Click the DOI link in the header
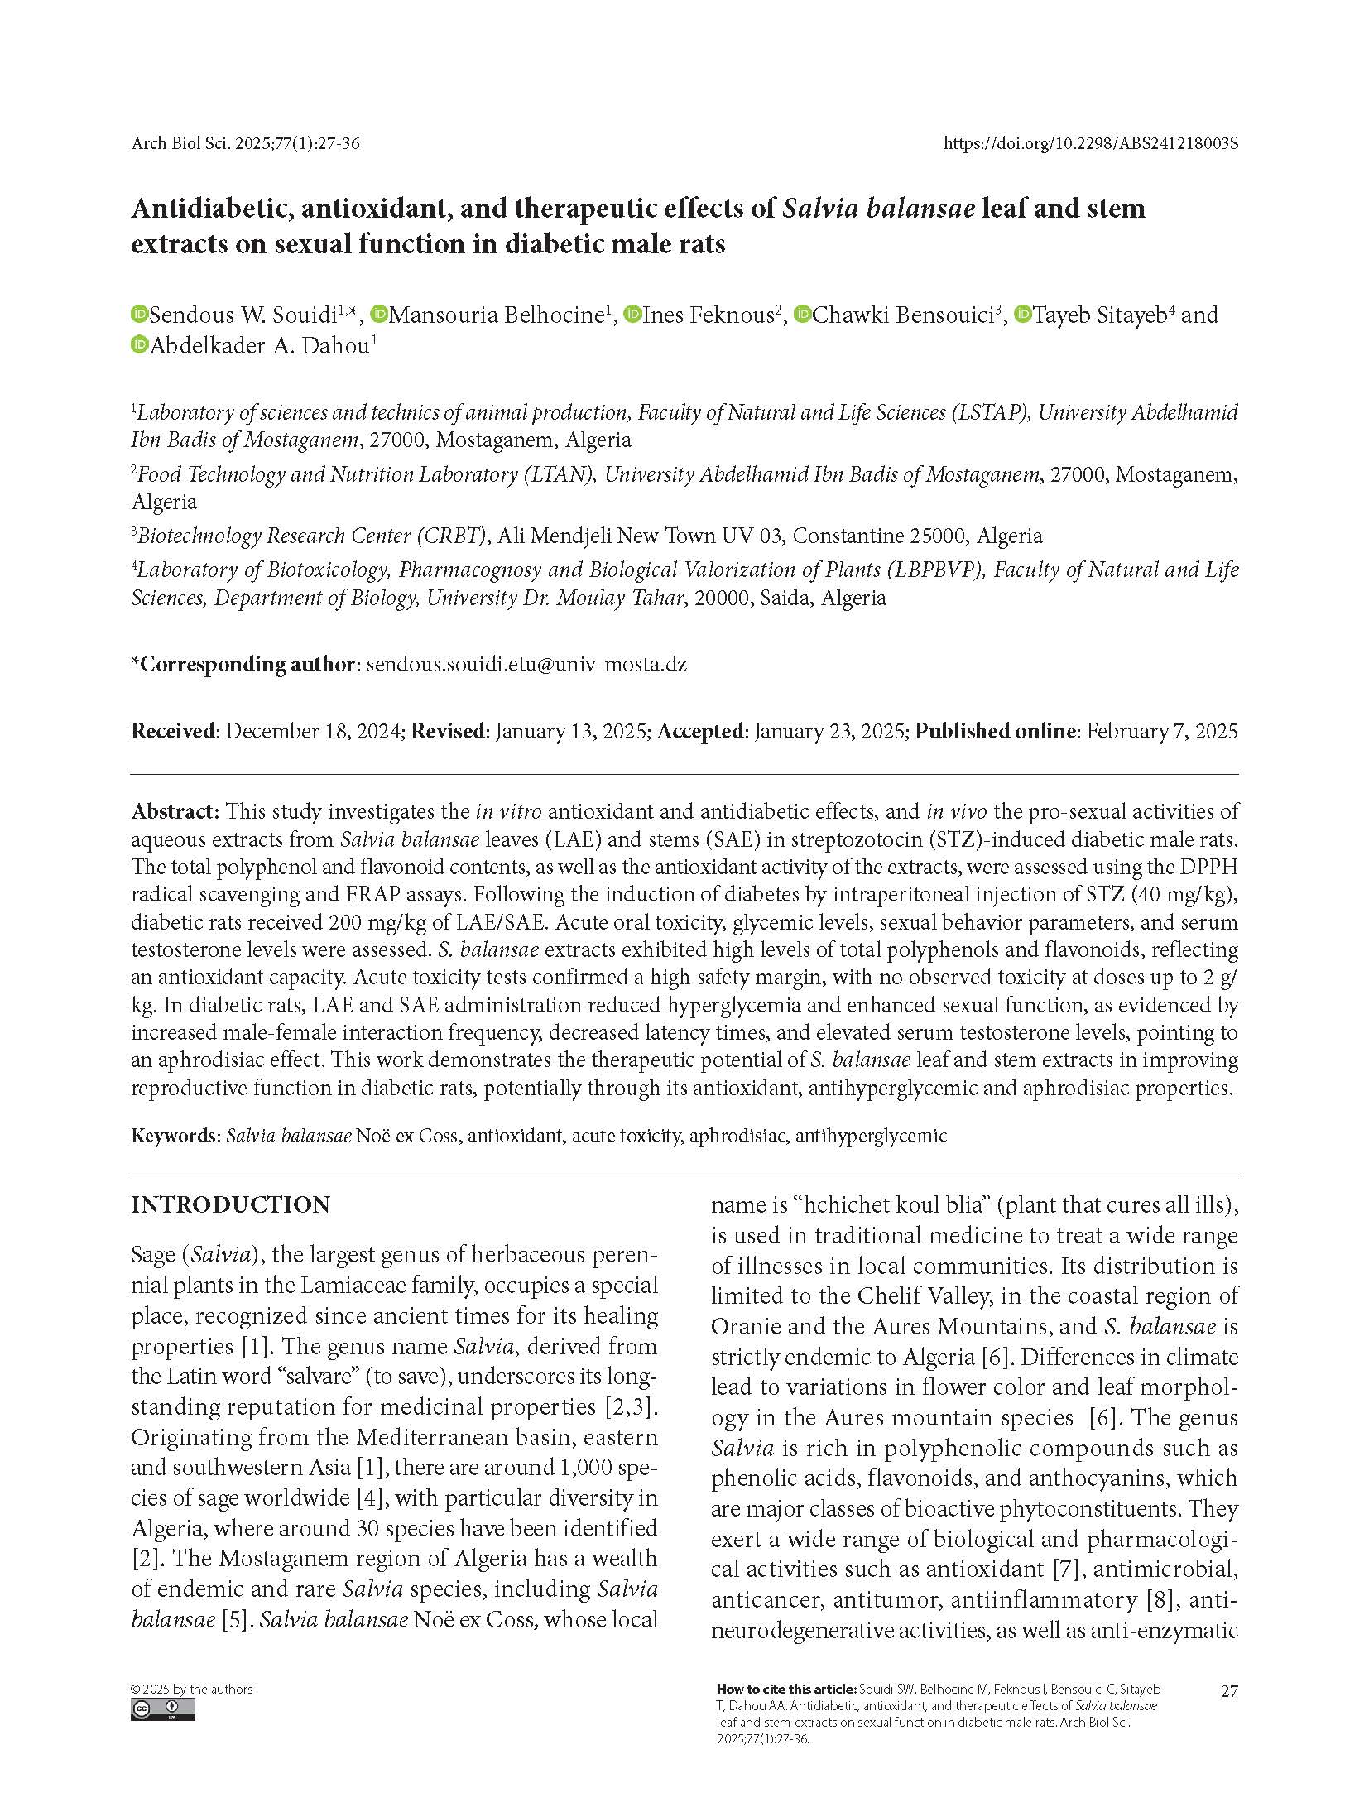pos(1090,143)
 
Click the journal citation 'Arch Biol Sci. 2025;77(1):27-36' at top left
pos(245,143)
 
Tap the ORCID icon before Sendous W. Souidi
pos(139,315)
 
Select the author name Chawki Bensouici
pos(902,315)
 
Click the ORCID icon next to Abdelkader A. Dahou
pos(139,345)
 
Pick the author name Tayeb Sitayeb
pos(1099,315)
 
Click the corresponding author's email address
pos(526,664)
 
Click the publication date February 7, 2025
pos(1162,731)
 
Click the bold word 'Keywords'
pos(173,1135)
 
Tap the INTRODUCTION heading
pos(230,1204)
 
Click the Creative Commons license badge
pos(162,1709)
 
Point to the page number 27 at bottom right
pos(1229,1691)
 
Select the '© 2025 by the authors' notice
pos(192,1689)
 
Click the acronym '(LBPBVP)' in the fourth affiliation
pos(936,570)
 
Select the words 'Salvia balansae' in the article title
pos(878,208)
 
